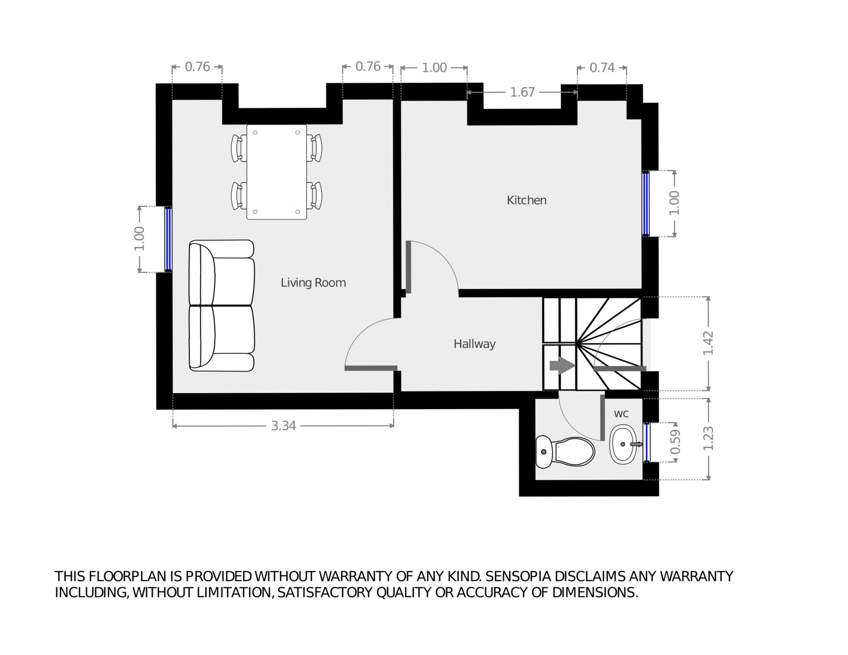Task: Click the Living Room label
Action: coord(313,283)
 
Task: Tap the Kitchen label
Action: coord(526,200)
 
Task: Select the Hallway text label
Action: coord(475,344)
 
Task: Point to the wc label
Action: coord(621,414)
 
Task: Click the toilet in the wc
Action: coord(565,452)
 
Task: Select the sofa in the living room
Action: coord(222,306)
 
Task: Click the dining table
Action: coord(277,172)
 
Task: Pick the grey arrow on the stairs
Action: coord(562,365)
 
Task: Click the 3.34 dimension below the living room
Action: coord(283,426)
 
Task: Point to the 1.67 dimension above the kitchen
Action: coord(522,92)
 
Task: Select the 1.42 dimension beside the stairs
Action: coord(708,343)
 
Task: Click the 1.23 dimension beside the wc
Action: coord(708,439)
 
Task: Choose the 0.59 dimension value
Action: coord(675,442)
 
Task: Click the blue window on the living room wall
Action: coord(168,239)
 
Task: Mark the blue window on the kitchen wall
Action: coord(646,204)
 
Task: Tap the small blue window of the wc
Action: coord(646,442)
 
